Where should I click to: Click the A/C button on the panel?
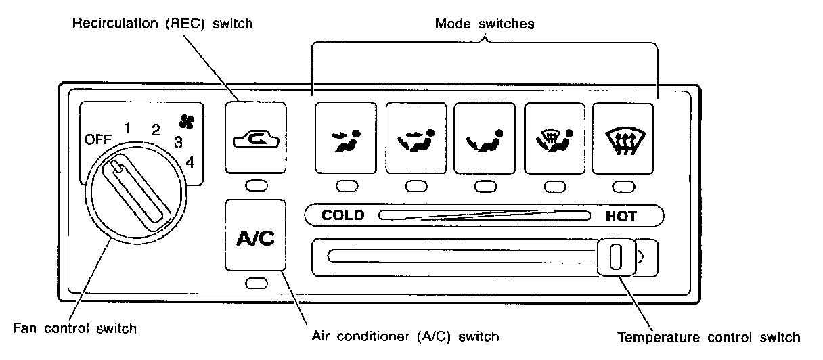point(254,240)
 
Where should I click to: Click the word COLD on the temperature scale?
point(342,216)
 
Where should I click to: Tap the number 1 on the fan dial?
point(127,126)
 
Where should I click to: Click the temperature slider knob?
point(616,257)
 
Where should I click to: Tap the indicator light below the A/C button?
point(257,284)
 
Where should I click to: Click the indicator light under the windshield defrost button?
point(623,186)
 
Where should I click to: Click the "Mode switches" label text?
point(485,24)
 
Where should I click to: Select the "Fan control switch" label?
point(75,329)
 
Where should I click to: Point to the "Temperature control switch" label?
point(709,336)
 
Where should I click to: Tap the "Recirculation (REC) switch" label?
point(162,24)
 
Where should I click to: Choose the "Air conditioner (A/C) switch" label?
point(405,336)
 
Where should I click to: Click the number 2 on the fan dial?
point(156,129)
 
